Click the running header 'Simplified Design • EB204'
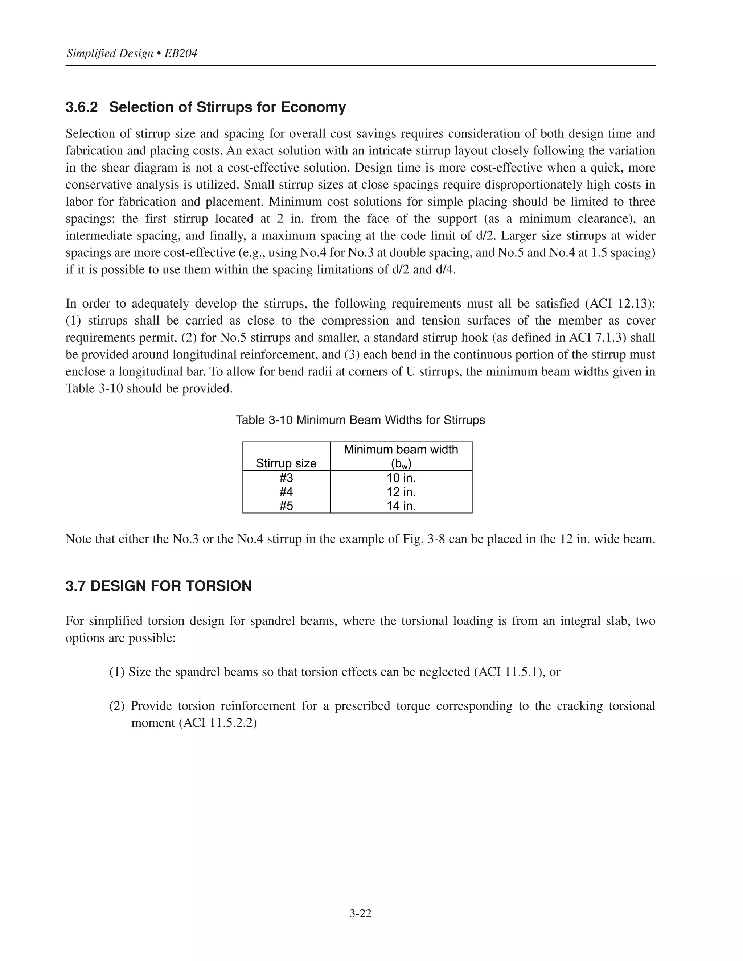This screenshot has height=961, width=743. [132, 54]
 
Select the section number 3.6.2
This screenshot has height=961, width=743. [81, 107]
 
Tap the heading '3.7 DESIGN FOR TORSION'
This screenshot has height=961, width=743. [159, 586]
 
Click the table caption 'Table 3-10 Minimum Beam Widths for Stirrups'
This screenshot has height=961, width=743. [360, 420]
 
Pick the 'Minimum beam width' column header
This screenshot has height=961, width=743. [401, 450]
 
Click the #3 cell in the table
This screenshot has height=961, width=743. [286, 478]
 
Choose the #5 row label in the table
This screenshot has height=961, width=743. [286, 506]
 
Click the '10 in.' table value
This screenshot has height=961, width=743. [401, 478]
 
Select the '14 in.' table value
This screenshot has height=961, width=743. [401, 506]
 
